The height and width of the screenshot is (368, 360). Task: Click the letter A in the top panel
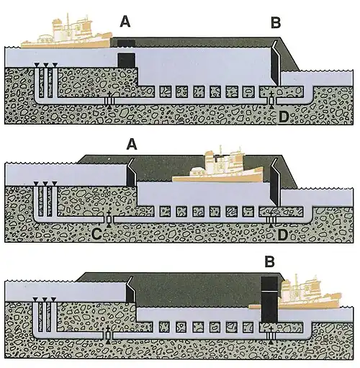[125, 22]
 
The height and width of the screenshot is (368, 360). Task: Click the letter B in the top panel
[276, 23]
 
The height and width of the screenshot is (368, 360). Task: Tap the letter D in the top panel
[284, 117]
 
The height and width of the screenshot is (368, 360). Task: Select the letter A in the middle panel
[132, 145]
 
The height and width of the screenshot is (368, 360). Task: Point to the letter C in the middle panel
[96, 235]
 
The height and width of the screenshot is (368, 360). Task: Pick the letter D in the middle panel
[284, 235]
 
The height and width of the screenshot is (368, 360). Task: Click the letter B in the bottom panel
[269, 261]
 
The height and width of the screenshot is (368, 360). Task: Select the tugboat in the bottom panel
[294, 292]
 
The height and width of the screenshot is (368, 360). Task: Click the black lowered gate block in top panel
[126, 60]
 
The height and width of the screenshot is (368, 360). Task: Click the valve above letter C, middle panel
[109, 219]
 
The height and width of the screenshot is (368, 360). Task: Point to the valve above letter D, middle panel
[271, 219]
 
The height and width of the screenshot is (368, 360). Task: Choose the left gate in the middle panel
[131, 172]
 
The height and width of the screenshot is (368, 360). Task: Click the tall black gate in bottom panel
[269, 300]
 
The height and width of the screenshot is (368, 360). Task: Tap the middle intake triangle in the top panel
[45, 65]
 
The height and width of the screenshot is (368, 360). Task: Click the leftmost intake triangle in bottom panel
[35, 300]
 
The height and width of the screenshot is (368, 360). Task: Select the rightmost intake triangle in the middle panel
[55, 184]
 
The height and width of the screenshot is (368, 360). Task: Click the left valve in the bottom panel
[109, 335]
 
